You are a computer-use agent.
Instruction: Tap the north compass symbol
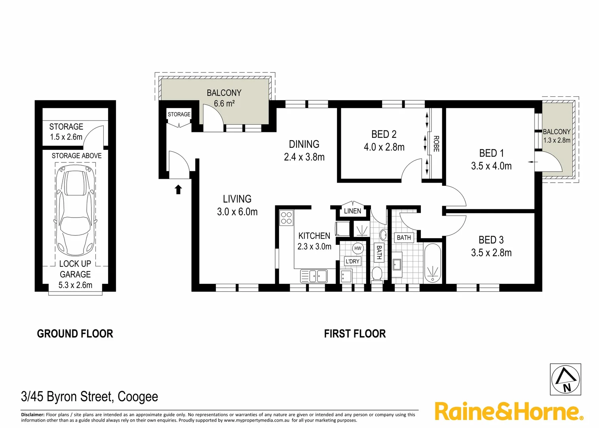click(x=566, y=379)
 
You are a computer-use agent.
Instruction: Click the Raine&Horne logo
click(x=508, y=411)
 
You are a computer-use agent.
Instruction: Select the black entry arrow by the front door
click(x=178, y=189)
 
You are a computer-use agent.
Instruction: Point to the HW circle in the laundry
click(x=357, y=248)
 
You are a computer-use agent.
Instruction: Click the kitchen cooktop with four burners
click(x=286, y=218)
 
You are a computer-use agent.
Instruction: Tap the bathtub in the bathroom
click(x=432, y=264)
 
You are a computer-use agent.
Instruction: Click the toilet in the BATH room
click(x=377, y=274)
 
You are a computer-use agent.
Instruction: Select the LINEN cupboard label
click(x=352, y=211)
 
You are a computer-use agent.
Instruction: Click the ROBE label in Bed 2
click(x=436, y=144)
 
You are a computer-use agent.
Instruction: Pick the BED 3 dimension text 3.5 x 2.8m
click(x=491, y=253)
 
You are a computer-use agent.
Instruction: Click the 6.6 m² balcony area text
click(x=224, y=104)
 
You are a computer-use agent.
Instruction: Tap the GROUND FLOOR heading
click(x=75, y=334)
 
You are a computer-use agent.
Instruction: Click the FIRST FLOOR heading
click(x=355, y=334)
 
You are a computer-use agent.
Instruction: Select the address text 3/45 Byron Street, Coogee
click(x=89, y=396)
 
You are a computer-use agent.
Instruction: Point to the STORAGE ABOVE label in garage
click(x=76, y=156)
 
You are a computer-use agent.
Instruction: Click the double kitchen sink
click(x=318, y=276)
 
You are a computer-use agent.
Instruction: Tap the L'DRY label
click(x=352, y=261)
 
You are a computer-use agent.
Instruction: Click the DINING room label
click(x=304, y=144)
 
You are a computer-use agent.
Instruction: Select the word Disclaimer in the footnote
click(x=32, y=415)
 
